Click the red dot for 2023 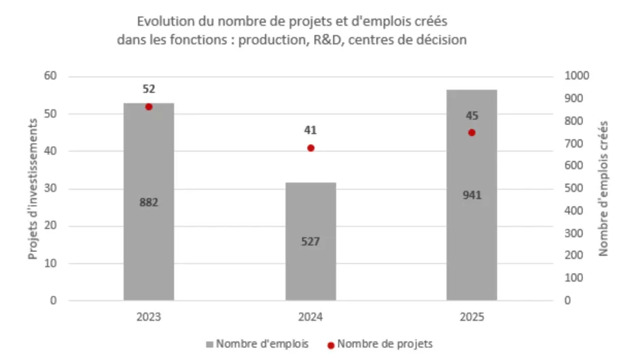(149, 107)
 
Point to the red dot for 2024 (311, 147)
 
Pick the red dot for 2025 (472, 132)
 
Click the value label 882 (149, 202)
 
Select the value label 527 (311, 241)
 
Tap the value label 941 (472, 196)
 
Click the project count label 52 (149, 89)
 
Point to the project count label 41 (311, 130)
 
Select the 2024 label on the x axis (311, 317)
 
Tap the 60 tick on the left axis (51, 76)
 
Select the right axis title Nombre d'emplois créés (603, 188)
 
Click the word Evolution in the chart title (162, 22)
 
